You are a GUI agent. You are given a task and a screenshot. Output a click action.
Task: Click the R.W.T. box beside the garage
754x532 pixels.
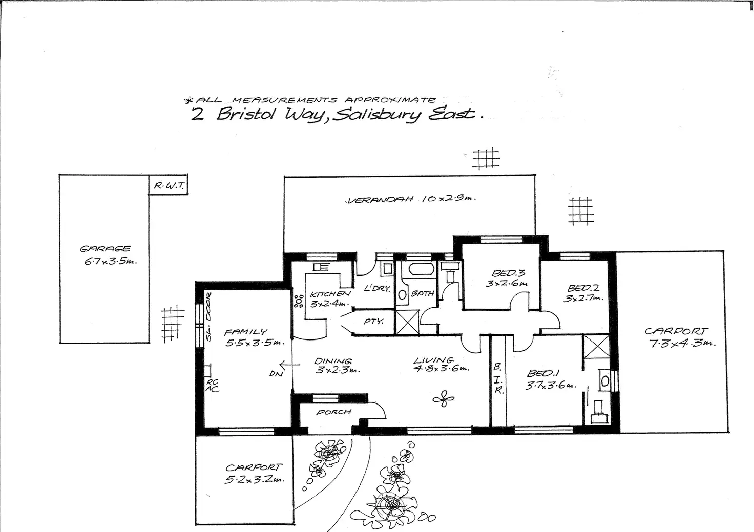[x=168, y=185]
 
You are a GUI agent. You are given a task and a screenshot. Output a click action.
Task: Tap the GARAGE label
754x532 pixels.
[x=105, y=249]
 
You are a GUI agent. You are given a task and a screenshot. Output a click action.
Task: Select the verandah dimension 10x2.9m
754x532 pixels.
[x=448, y=198]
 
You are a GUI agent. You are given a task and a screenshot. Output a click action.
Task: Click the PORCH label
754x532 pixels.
[x=334, y=412]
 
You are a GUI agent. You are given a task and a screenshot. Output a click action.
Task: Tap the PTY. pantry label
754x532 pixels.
[x=374, y=322]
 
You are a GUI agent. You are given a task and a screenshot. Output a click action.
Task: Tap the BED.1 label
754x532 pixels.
[x=540, y=373]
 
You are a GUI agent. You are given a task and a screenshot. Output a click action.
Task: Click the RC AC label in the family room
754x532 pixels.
[x=212, y=386]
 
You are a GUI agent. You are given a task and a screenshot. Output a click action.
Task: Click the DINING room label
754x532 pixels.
[x=333, y=361]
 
